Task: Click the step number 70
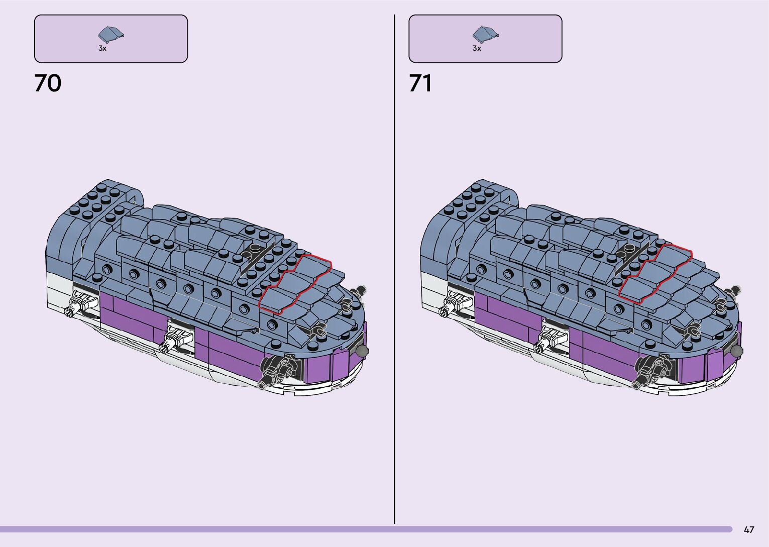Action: pyautogui.click(x=48, y=83)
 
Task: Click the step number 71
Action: pyautogui.click(x=420, y=83)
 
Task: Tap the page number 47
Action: pyautogui.click(x=749, y=529)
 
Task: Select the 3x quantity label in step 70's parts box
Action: pyautogui.click(x=102, y=48)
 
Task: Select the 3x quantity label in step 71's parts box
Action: pyautogui.click(x=477, y=48)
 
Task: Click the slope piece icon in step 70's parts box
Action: pyautogui.click(x=111, y=34)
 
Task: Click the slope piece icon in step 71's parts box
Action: pyautogui.click(x=485, y=34)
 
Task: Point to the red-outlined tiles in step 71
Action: pyautogui.click(x=655, y=274)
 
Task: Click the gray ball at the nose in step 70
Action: pyautogui.click(x=362, y=351)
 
